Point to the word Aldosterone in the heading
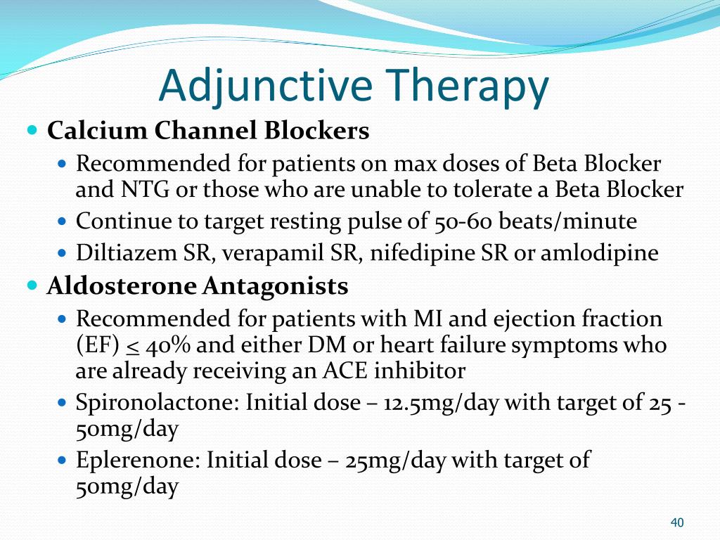122,286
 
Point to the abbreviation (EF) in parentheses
97,345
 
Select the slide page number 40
677,522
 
